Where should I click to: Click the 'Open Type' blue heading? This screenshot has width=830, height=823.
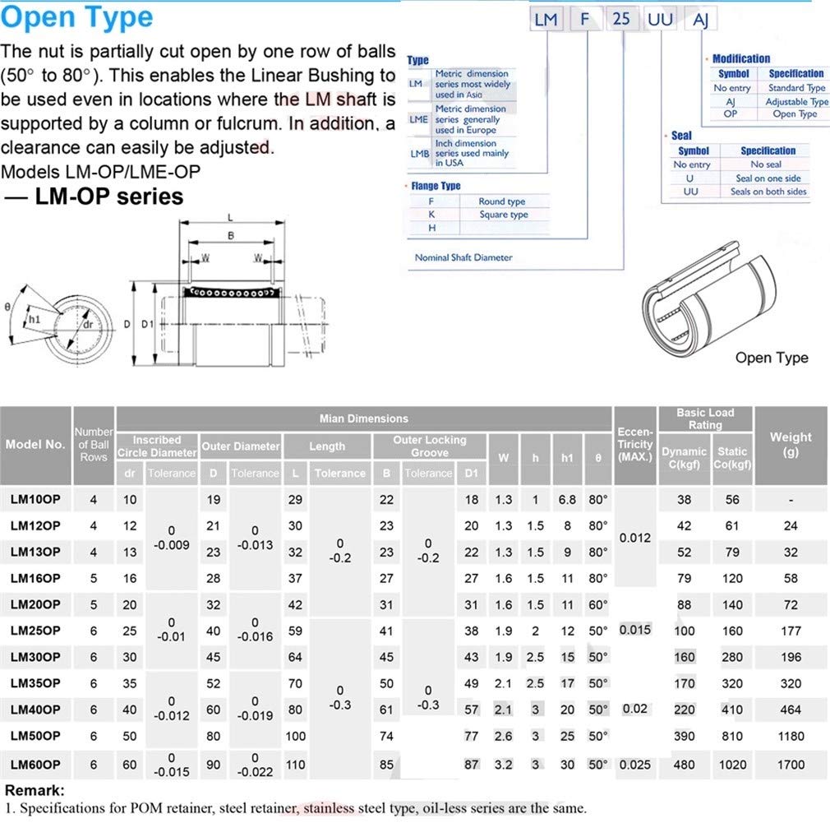[x=77, y=18]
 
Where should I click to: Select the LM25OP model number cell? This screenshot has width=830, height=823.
[x=35, y=631]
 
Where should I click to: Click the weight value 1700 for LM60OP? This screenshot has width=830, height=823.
[x=791, y=765]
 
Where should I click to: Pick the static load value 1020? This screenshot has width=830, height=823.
[x=731, y=765]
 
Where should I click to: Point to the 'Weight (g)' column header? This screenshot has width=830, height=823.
[x=791, y=444]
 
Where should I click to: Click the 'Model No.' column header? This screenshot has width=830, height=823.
[x=35, y=444]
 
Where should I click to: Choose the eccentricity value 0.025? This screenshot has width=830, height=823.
[x=634, y=765]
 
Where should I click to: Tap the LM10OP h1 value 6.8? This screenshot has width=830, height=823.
[x=566, y=500]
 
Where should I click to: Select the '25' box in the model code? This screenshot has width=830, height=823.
[x=621, y=17]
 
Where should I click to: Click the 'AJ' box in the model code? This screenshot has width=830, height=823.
[x=700, y=17]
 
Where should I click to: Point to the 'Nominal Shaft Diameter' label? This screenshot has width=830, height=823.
[x=463, y=257]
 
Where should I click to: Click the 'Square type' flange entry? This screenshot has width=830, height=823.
[x=503, y=215]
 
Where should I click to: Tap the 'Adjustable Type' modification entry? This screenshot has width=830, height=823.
[x=796, y=102]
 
